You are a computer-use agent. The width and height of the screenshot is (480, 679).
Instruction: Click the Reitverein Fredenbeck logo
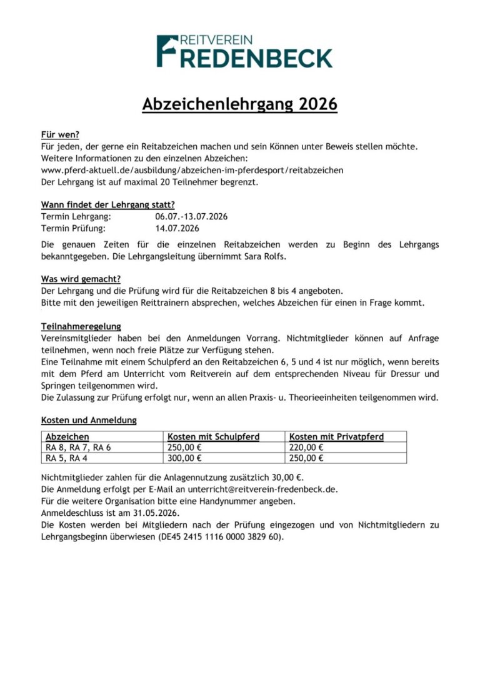point(244,51)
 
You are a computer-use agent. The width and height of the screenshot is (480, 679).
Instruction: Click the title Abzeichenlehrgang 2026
point(239,104)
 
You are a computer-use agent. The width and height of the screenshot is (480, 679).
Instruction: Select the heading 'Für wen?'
point(60,134)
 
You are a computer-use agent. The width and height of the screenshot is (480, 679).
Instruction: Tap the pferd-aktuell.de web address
point(192,170)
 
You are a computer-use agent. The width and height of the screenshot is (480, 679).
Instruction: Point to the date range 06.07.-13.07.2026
point(191,216)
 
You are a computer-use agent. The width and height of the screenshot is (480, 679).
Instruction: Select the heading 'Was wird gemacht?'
point(81,279)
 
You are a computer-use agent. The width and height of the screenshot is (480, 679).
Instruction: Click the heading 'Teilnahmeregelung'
point(81,326)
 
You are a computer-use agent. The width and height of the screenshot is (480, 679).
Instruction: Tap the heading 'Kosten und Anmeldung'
point(89,420)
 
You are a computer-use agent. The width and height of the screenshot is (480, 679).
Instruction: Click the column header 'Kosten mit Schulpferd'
point(213,436)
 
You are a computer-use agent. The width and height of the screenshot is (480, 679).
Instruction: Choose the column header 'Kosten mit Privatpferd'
point(336,436)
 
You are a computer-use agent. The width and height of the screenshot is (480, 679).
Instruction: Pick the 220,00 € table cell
point(306,447)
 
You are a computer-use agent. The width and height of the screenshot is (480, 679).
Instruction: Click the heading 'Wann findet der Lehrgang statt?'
point(107,204)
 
